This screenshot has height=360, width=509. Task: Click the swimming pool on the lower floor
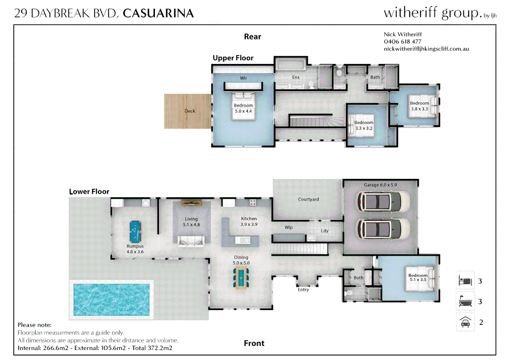coord(111,300)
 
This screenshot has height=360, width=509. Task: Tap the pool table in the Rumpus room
coord(135,231)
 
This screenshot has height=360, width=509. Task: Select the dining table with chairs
coord(241,278)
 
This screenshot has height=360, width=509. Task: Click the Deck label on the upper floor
coord(190,111)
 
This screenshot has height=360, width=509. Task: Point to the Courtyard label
coord(308,199)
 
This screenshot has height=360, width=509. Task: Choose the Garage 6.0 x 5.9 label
coord(380,185)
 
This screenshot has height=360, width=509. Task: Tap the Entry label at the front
coord(303,290)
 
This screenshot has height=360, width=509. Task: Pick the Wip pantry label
coord(288,227)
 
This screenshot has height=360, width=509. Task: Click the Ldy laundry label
coord(324,231)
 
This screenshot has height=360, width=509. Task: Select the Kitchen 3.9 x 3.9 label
coord(249,221)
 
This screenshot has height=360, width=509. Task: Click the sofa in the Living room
coord(191,241)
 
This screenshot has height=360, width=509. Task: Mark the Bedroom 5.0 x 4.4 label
coord(243,108)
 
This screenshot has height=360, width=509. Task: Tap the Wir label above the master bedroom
coord(244,78)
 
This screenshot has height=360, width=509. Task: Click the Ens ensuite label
coord(296,77)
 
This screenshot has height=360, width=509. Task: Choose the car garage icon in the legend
coord(465,322)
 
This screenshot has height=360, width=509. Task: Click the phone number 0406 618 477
coord(402,42)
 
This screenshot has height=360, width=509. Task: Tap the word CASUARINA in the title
coord(158,13)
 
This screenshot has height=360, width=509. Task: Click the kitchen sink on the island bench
coord(245,240)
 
